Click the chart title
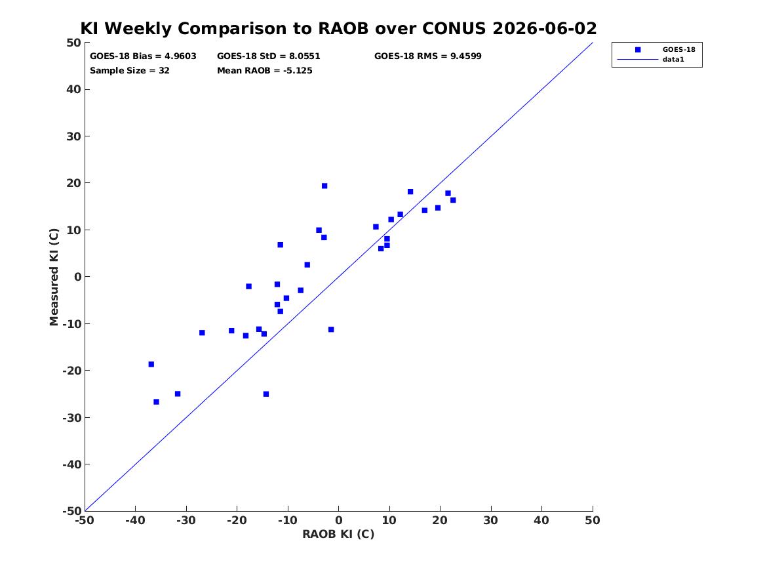(338, 28)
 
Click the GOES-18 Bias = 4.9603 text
(143, 56)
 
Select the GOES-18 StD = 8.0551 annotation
(268, 56)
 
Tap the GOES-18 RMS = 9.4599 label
(428, 56)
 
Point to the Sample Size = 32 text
(130, 70)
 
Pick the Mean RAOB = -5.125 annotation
(264, 70)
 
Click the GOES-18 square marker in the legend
(638, 50)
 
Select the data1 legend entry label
(673, 60)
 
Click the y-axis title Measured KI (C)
(54, 277)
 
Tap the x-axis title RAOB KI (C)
(338, 534)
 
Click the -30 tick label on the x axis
(186, 520)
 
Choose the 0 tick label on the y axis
(77, 277)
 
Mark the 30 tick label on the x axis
(491, 520)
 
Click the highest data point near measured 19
(324, 186)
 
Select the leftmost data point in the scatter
(151, 364)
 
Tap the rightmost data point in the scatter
(453, 200)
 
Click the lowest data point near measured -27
(156, 401)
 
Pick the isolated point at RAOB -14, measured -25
(266, 394)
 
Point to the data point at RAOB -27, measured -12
(202, 333)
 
